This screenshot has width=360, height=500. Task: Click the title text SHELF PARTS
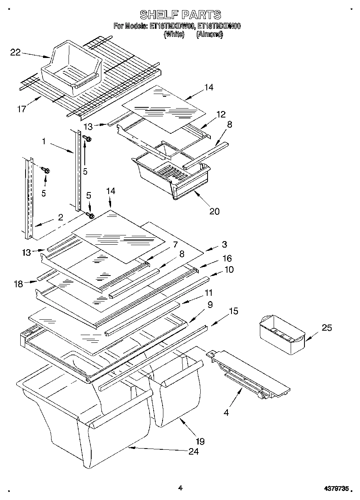click(180, 15)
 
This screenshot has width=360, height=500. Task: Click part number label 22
click(15, 52)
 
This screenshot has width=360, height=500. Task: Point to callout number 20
click(214, 211)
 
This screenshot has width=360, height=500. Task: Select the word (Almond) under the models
click(209, 35)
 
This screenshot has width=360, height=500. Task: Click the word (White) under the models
click(174, 35)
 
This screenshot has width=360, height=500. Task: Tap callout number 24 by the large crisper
click(193, 451)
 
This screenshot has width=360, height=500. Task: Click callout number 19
click(200, 441)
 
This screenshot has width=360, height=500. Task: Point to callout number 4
click(226, 413)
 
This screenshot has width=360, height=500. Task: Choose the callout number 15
click(233, 311)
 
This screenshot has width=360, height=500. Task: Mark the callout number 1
click(43, 142)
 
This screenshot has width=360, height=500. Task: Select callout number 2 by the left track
click(60, 217)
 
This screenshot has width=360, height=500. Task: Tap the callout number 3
click(224, 244)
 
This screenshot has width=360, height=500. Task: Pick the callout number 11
click(209, 292)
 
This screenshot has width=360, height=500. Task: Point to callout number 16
click(227, 258)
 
